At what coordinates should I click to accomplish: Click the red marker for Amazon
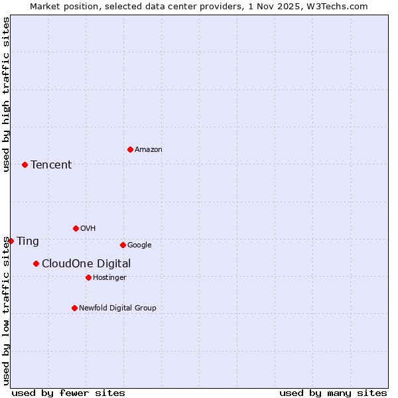coord(130,149)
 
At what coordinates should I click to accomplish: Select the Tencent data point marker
coord(25,165)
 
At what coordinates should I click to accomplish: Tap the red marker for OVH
coord(76,228)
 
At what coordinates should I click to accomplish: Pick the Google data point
coord(123,245)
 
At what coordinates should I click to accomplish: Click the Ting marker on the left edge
coord(11,241)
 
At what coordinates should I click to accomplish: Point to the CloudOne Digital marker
coord(36,263)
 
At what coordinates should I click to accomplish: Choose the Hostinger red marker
coord(88,277)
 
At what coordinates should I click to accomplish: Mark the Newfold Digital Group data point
coord(74,308)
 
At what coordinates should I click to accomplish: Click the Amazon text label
coord(149,150)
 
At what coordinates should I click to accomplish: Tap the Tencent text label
coord(51,165)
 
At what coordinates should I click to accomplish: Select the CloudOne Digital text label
coord(86,264)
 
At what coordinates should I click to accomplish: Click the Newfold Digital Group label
coord(117,308)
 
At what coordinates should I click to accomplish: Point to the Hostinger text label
coord(109,277)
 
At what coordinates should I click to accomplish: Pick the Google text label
coord(139,245)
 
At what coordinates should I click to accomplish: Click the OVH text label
coord(88,229)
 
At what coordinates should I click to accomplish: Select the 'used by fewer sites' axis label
coord(68,393)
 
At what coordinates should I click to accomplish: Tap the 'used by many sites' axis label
coord(333,393)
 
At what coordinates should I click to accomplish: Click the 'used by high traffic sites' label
coord(6,94)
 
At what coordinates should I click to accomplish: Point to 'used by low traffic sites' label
coord(6,310)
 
